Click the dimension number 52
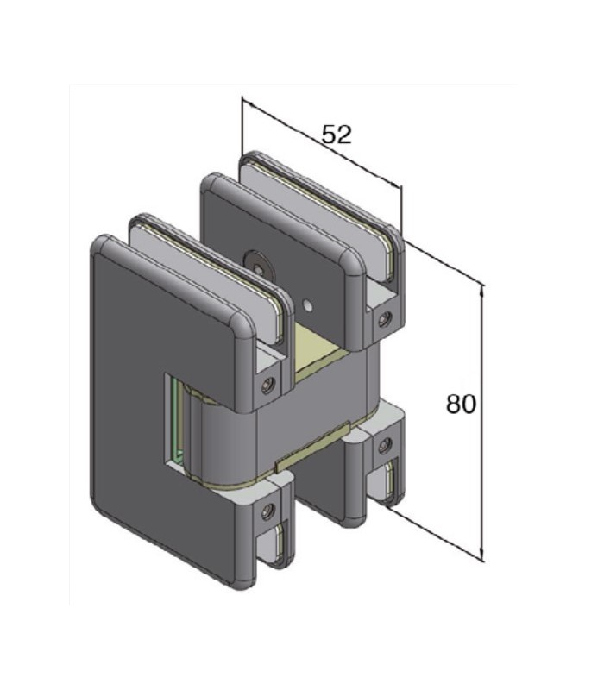coord(337,135)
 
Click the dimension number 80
coord(461,404)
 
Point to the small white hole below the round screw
coord(308,305)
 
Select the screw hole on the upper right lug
coord(386,318)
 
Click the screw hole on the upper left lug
coord(267,386)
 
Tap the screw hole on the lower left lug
coord(267,511)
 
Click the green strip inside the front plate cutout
coord(175,419)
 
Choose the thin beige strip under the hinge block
coord(311,447)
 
